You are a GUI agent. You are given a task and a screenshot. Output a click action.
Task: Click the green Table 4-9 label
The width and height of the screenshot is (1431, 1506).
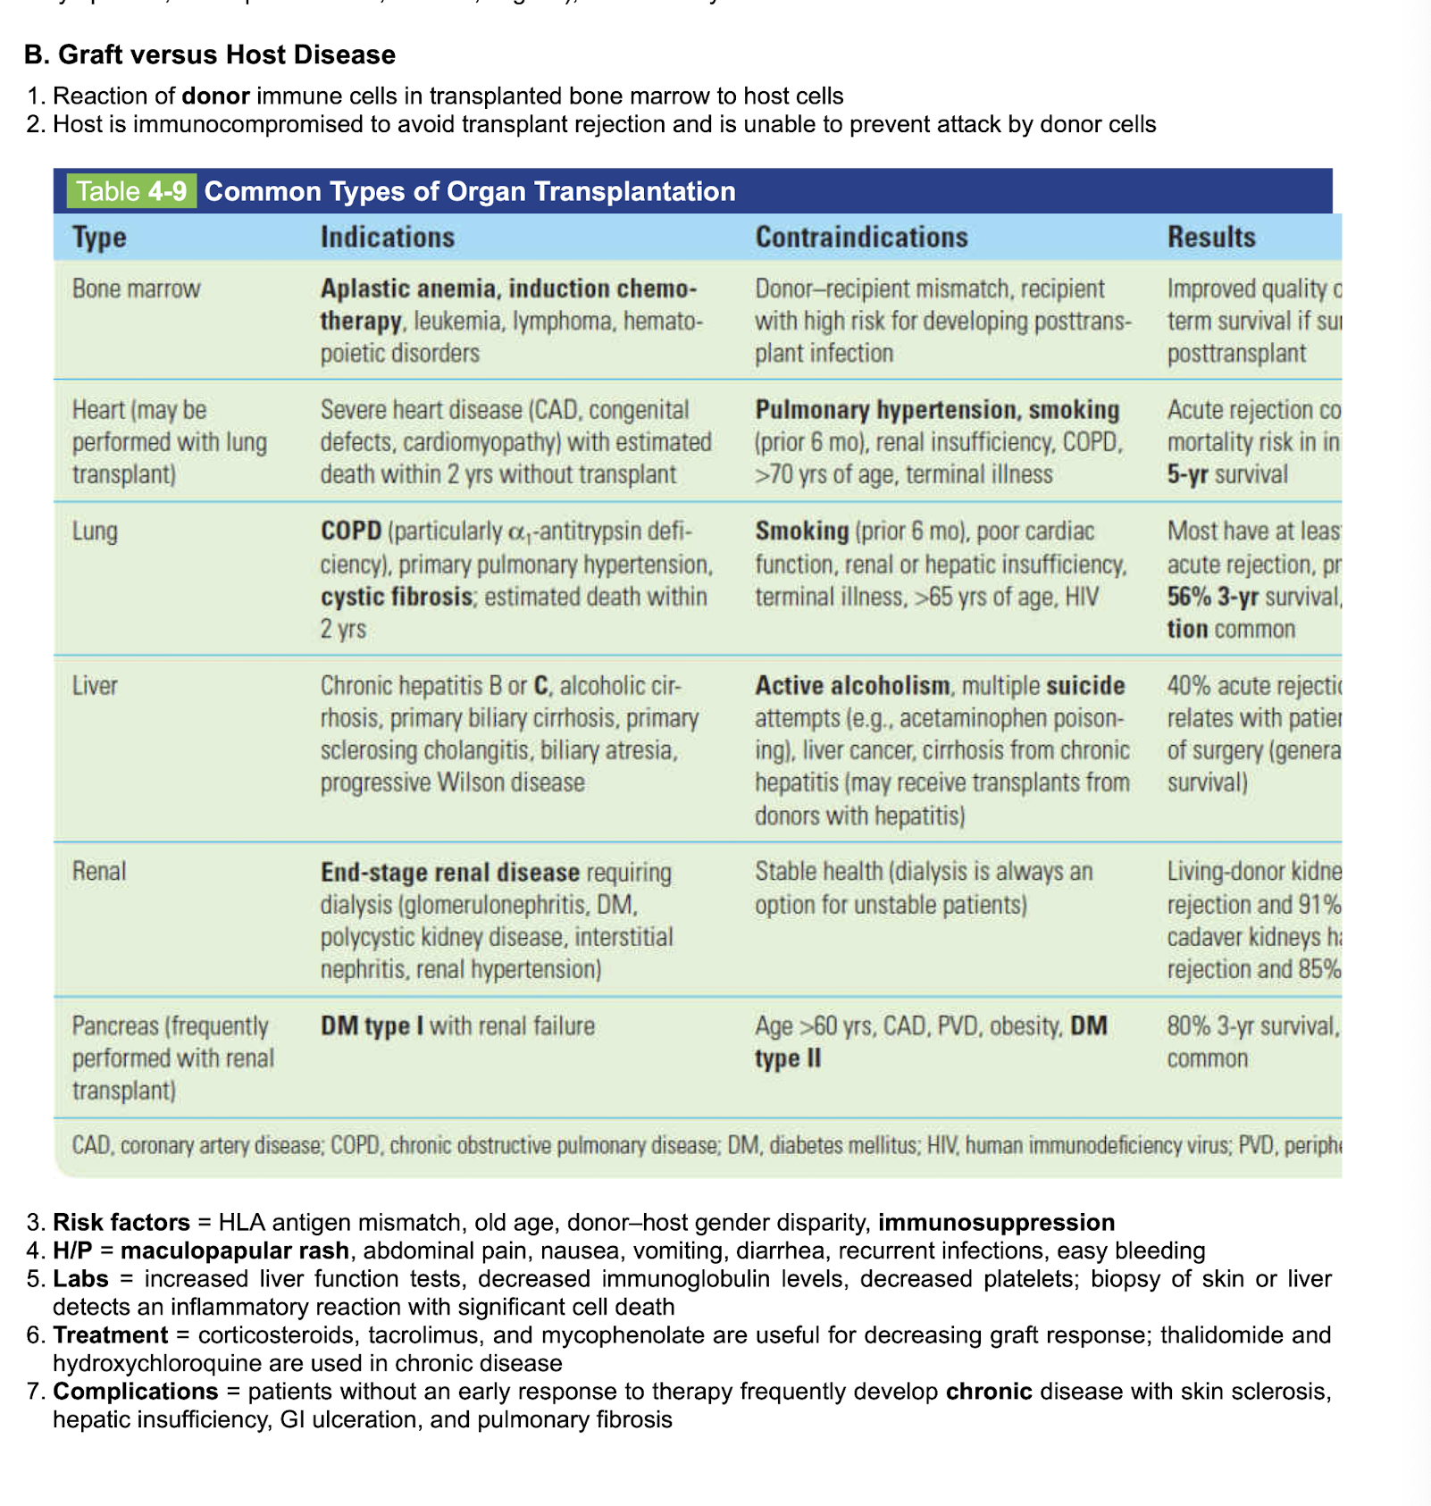point(131,191)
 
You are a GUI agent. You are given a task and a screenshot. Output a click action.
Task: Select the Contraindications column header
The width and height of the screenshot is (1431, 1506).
point(861,237)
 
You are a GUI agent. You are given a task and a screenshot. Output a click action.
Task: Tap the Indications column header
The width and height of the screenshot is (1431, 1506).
point(387,237)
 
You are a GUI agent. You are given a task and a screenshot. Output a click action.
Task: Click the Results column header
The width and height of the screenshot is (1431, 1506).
point(1210,237)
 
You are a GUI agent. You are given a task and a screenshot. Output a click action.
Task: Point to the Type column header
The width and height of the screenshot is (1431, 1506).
point(99,237)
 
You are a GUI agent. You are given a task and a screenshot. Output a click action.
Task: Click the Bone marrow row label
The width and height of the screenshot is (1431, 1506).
point(136,289)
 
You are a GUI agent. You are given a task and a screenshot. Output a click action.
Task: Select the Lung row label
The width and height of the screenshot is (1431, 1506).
point(95,531)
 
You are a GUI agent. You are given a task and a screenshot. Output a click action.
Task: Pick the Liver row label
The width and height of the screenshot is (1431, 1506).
point(95,686)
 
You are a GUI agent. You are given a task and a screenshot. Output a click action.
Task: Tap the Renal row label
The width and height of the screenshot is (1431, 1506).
point(98,871)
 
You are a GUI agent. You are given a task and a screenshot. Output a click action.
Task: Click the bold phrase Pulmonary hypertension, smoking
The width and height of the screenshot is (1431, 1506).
point(937,410)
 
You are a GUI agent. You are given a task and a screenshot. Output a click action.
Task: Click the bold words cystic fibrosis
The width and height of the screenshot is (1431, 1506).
point(396,597)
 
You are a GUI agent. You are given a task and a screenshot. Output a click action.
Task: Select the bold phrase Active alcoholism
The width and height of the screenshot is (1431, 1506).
point(852,686)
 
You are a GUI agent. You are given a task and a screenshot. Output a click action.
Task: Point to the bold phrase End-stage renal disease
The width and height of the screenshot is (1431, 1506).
point(450,872)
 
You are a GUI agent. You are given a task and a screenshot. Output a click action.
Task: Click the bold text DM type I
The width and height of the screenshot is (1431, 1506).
point(372,1025)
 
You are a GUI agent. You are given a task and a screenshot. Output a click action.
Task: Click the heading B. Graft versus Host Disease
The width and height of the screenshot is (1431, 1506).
point(210,54)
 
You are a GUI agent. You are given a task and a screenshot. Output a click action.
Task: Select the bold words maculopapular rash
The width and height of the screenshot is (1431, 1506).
point(235,1251)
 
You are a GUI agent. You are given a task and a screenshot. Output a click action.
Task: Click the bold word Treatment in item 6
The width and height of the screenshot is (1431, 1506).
point(111,1335)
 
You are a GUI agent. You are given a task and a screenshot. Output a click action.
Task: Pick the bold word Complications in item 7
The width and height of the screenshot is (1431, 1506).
point(136,1392)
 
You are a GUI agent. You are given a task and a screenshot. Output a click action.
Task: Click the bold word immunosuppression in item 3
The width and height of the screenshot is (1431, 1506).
point(997,1222)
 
